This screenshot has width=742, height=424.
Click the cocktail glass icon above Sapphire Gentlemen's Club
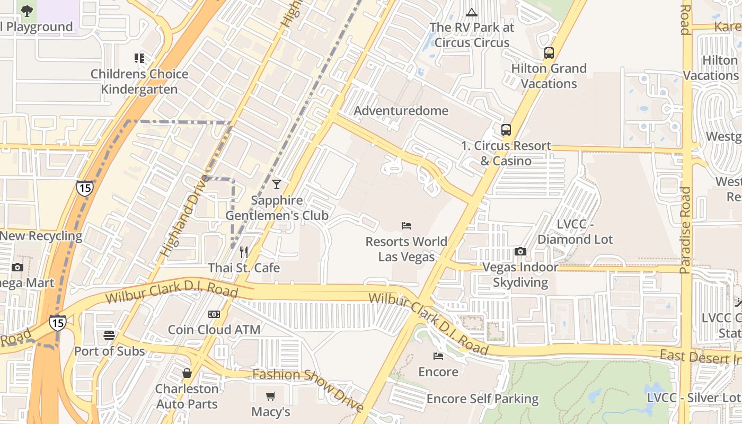pos(276,184)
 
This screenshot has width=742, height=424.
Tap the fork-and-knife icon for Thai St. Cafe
pos(244,252)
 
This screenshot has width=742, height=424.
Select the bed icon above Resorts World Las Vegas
pos(407,226)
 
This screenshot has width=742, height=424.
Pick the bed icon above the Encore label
pos(438,356)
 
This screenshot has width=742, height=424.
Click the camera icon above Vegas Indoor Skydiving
pos(520,252)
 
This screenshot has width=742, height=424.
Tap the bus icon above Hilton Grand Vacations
pos(549,53)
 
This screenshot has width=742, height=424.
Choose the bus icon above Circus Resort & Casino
pos(506,130)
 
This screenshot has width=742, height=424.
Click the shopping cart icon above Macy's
pos(271,396)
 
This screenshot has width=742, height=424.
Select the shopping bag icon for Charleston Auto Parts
pos(187,373)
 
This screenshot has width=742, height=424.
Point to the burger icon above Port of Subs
pos(109,335)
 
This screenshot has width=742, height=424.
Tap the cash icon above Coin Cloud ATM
pos(214,314)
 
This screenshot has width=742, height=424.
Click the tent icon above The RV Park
pos(471,12)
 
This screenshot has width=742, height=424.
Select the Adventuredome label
pos(401,111)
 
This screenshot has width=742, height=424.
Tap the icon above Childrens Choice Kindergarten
pos(139,58)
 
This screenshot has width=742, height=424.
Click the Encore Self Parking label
pos(482,399)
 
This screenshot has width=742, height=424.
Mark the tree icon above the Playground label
pos(26,11)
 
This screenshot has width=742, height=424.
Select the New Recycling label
pos(41,236)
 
